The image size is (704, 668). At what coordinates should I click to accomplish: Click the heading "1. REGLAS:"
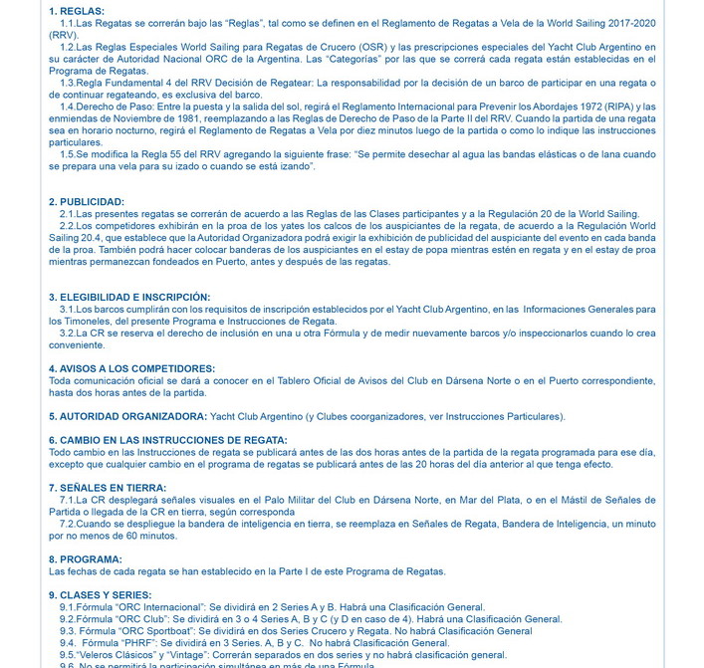pyautogui.click(x=76, y=10)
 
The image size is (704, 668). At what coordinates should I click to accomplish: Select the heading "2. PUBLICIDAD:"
pyautogui.click(x=87, y=202)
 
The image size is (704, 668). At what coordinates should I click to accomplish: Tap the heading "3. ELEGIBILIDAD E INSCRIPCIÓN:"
pyautogui.click(x=129, y=297)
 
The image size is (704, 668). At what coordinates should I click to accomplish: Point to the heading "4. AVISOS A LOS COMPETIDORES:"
pyautogui.click(x=131, y=368)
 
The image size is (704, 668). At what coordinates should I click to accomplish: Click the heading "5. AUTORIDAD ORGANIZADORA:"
pyautogui.click(x=127, y=416)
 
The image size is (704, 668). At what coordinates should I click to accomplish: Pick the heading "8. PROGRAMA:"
pyautogui.click(x=85, y=559)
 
